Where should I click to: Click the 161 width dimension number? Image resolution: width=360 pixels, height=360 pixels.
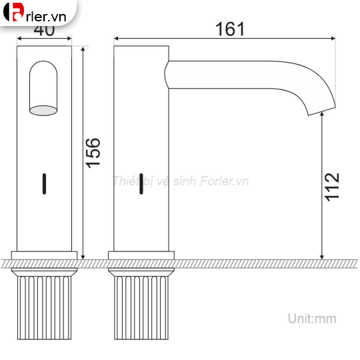pyautogui.click(x=230, y=29)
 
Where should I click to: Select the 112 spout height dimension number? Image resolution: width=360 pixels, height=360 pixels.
pyautogui.click(x=333, y=187)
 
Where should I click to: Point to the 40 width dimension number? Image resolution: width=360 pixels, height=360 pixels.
pyautogui.click(x=44, y=31)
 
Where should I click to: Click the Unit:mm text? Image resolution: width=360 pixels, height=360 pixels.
pyautogui.click(x=312, y=319)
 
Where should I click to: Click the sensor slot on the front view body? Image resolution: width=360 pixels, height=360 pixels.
pyautogui.click(x=45, y=183)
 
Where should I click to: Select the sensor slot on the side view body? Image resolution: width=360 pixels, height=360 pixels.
pyautogui.click(x=141, y=183)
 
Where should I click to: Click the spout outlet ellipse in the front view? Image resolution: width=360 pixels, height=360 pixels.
pyautogui.click(x=43, y=110)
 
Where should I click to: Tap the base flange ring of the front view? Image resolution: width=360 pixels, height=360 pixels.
pyautogui.click(x=44, y=255)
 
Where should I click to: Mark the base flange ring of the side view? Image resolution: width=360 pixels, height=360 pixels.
pyautogui.click(x=141, y=255)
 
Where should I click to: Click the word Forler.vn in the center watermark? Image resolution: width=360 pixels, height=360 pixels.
pyautogui.click(x=224, y=181)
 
